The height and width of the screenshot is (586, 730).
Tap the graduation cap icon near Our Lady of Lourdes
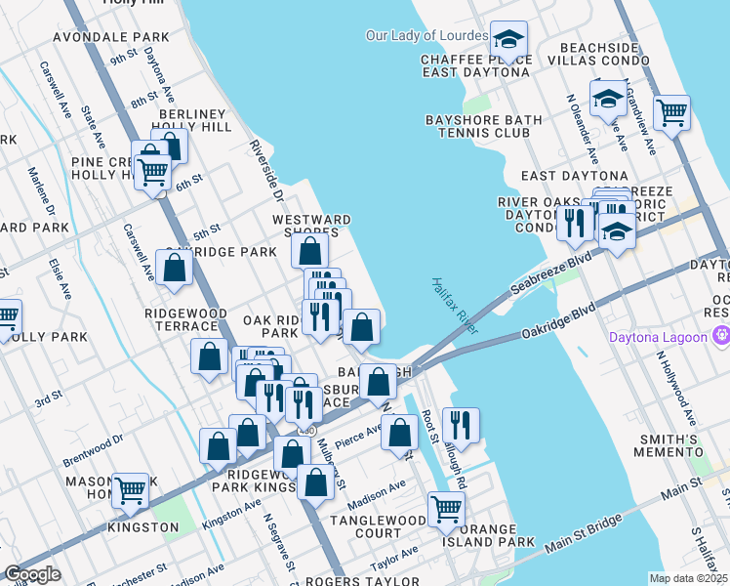[507, 40]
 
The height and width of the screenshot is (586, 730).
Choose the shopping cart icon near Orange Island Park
[446, 508]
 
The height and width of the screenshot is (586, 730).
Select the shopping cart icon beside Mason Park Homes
[130, 491]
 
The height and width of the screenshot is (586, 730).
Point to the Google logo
[32, 574]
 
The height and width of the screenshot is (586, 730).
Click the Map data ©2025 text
[688, 578]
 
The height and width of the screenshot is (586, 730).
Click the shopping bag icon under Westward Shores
[310, 250]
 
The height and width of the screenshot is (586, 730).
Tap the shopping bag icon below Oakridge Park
[174, 269]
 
